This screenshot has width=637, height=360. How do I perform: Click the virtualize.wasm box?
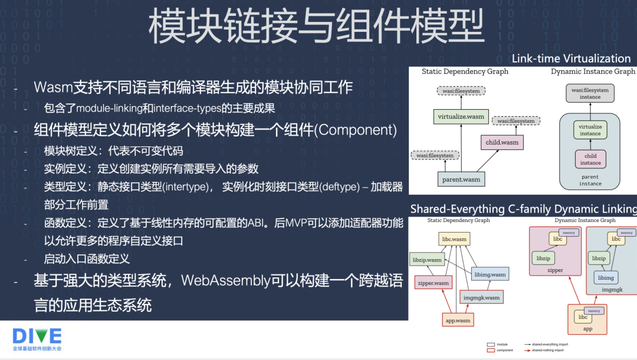[461, 116]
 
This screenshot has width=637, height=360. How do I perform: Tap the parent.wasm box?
[461, 179]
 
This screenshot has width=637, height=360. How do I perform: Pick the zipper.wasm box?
[433, 283]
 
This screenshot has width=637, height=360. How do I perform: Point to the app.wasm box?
[457, 320]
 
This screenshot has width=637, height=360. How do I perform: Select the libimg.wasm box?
[490, 274]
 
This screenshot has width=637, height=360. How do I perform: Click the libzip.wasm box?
[426, 260]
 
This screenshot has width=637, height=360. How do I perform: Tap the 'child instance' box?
[590, 159]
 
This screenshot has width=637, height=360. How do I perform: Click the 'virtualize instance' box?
[590, 130]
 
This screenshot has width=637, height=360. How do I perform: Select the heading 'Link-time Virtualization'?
[571, 58]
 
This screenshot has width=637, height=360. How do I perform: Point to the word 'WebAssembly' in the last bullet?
[225, 280]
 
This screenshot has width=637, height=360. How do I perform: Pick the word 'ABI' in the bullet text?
[257, 223]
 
